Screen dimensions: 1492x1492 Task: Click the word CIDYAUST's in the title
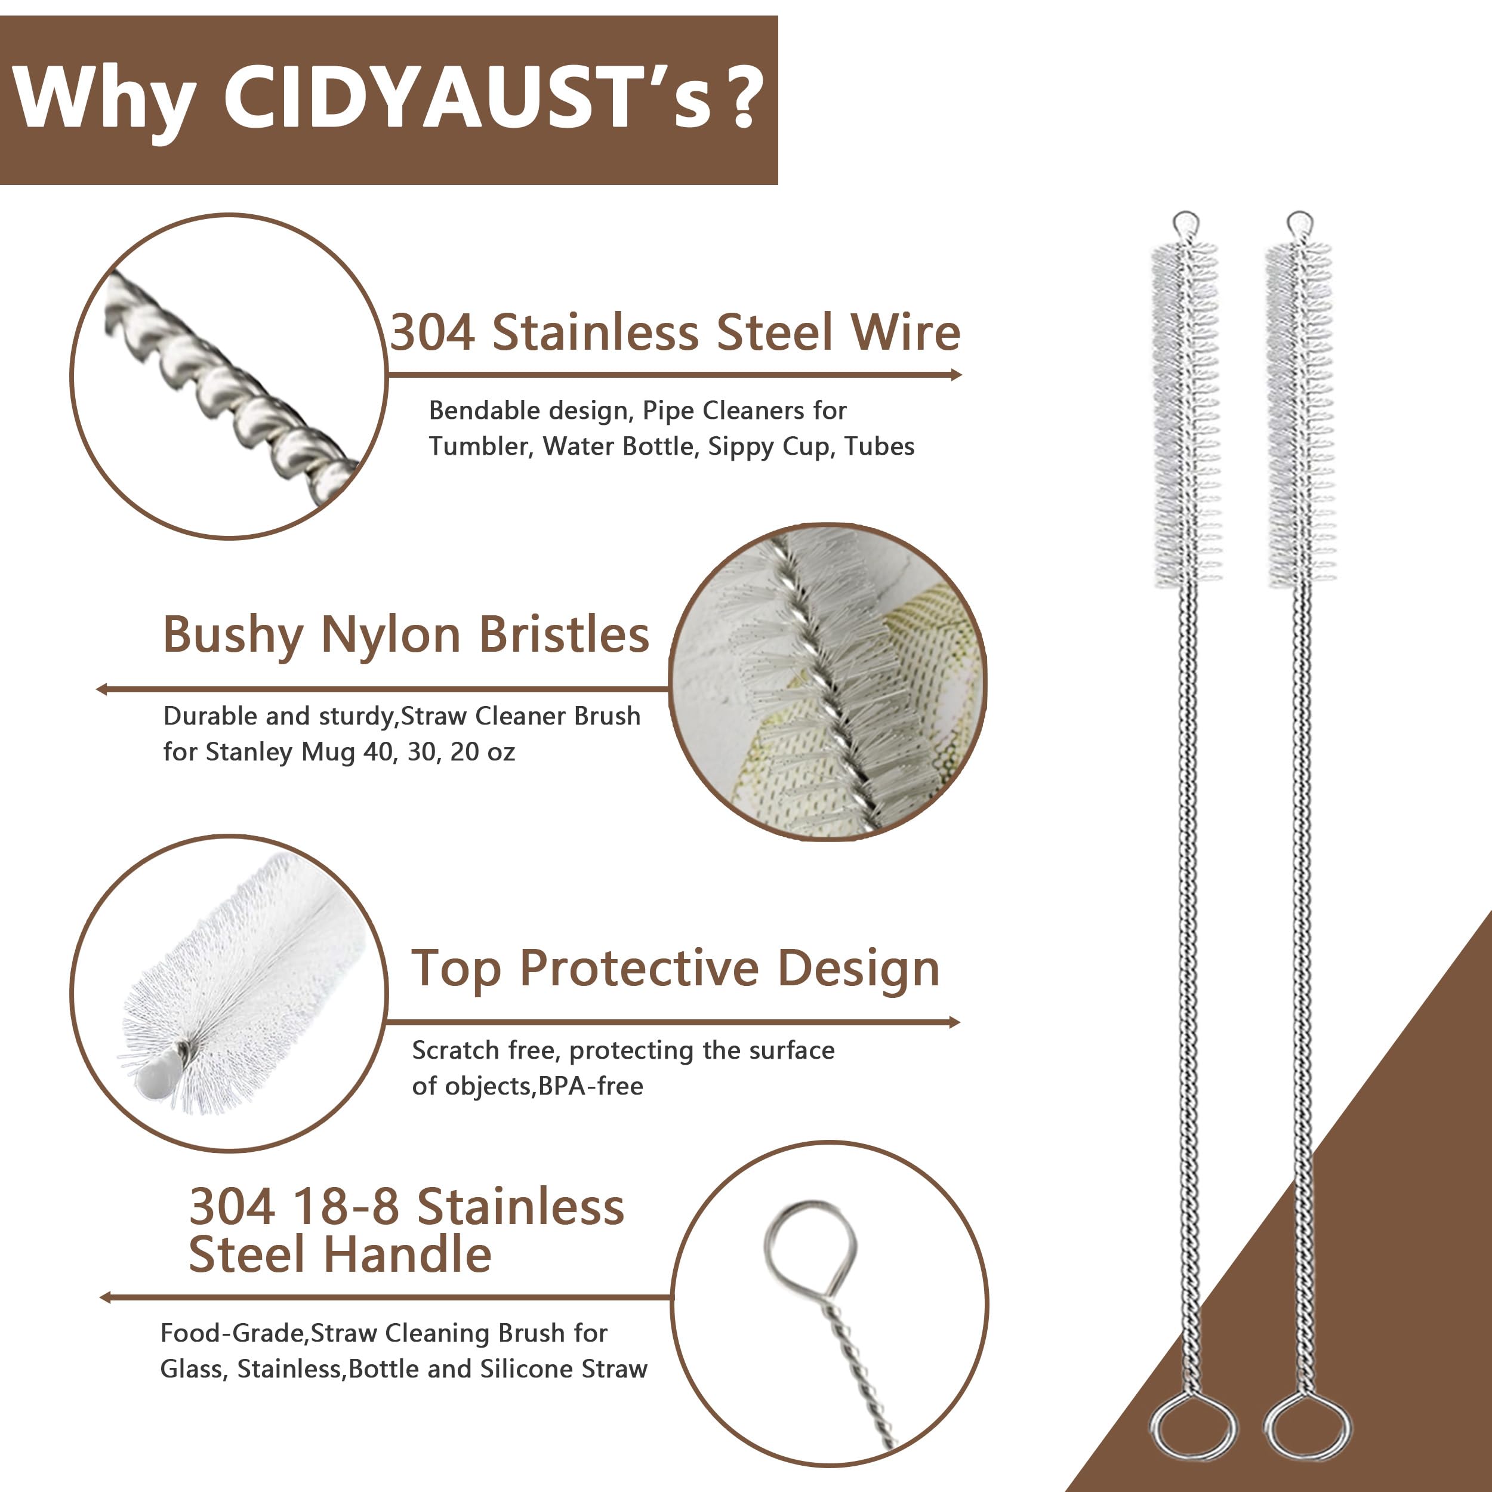(467, 98)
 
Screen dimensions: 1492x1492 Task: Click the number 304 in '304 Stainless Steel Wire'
(433, 333)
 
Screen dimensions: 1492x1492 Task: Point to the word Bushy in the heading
(232, 636)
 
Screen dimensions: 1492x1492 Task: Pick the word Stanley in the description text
(249, 752)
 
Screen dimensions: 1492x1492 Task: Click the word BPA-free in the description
(591, 1086)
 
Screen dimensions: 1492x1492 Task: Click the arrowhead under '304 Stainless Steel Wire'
(956, 375)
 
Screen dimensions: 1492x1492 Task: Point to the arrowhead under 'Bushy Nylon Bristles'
(101, 689)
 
